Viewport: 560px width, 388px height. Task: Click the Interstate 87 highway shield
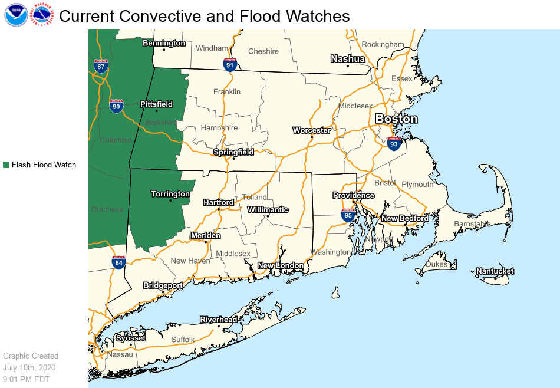pos(101,65)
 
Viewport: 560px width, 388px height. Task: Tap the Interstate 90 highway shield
pos(117,106)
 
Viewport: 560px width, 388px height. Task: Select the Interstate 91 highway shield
pos(230,64)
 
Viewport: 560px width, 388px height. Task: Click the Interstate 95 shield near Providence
pos(348,215)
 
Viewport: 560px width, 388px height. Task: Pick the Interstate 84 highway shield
pos(118,262)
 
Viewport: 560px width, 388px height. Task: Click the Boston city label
pos(397,119)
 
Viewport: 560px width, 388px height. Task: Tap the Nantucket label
pos(495,271)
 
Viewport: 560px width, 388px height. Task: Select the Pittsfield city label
pos(156,104)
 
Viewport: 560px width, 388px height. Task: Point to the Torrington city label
pos(170,194)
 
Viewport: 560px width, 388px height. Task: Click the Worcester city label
pos(312,130)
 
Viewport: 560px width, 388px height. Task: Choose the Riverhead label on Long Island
pos(218,320)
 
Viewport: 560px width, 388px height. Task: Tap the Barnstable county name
pos(472,224)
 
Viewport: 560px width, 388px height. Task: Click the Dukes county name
pos(437,265)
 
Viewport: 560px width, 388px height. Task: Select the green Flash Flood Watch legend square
pos(6,165)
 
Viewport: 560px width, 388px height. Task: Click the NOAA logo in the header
pos(15,15)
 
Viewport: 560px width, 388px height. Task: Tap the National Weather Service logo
pos(42,15)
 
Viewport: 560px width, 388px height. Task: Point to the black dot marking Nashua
pos(348,66)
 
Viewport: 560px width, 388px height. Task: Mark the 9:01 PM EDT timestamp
pos(27,379)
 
